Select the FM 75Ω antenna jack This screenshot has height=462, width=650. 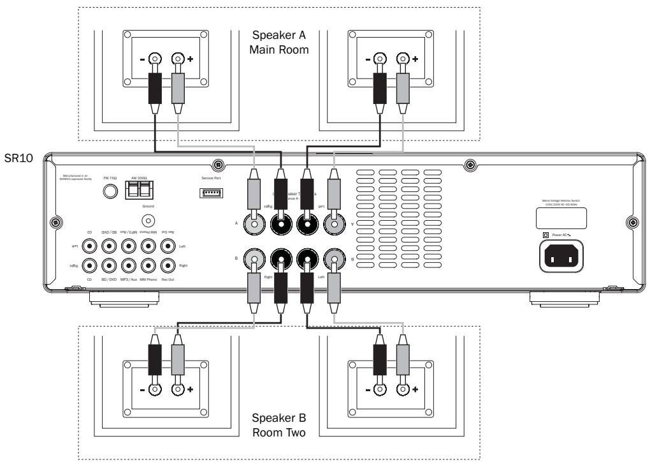112,192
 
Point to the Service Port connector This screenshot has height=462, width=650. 212,193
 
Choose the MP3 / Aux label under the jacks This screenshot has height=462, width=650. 129,278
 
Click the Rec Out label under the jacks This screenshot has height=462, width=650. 168,278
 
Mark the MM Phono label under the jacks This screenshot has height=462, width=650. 149,278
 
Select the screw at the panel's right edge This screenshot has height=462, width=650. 632,223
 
